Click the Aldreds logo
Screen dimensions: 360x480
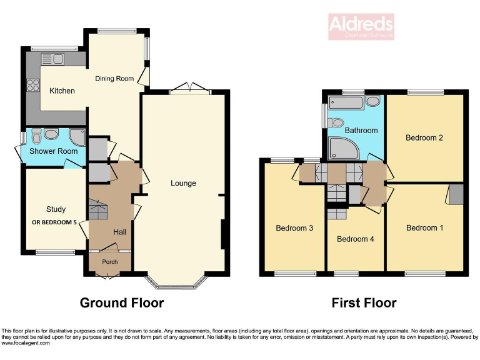(x=361, y=26)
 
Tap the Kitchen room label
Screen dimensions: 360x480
(x=62, y=91)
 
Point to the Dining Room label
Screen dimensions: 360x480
(x=114, y=78)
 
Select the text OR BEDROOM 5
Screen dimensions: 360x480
(x=58, y=222)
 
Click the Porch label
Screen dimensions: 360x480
(x=110, y=262)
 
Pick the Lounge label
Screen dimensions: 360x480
(x=184, y=183)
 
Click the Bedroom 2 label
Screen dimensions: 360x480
(x=424, y=137)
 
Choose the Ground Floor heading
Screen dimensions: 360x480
(x=122, y=303)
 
